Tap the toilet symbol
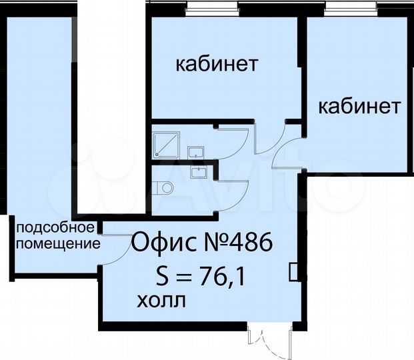point(166,187)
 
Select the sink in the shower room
point(197,153)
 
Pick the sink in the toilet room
point(199,173)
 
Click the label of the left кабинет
point(217,65)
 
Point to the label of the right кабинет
point(359,107)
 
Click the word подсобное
point(51,227)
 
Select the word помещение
point(58,243)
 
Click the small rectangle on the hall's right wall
point(293,272)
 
